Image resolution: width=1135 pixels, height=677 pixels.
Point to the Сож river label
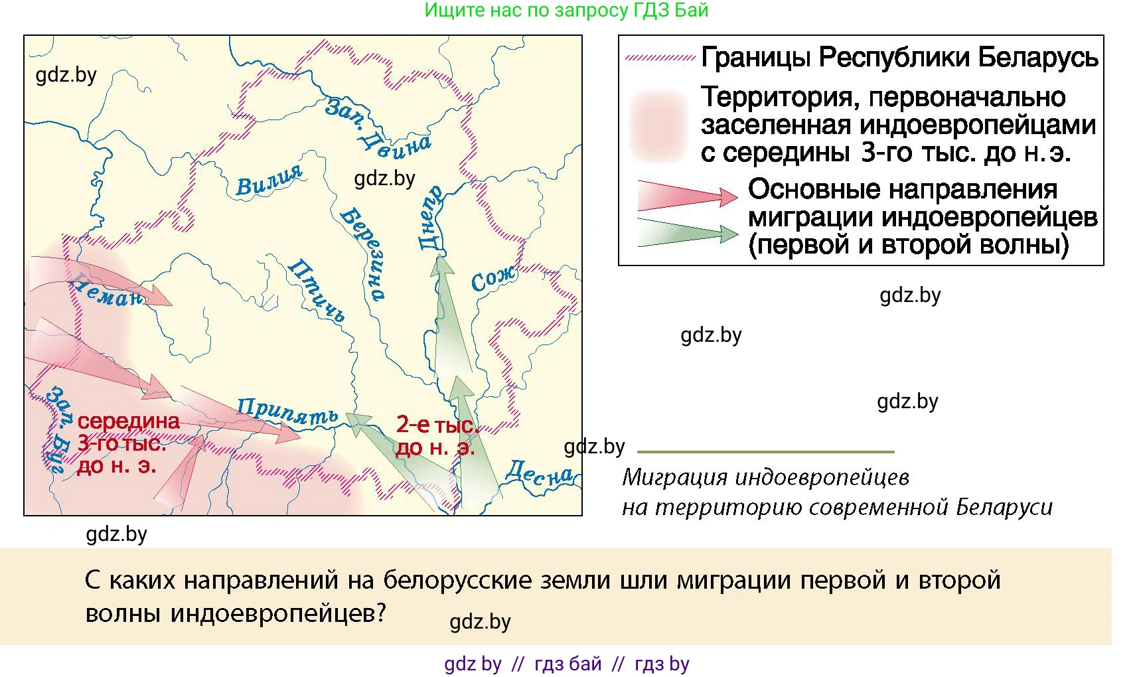pyautogui.click(x=492, y=279)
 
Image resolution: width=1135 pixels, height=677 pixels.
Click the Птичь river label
pyautogui.click(x=317, y=291)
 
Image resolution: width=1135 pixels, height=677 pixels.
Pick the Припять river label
pyautogui.click(x=287, y=412)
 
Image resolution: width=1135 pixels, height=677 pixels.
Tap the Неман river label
pyautogui.click(x=106, y=291)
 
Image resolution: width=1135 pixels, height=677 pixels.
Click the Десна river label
pyautogui.click(x=538, y=473)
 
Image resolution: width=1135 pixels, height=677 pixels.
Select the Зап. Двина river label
pyautogui.click(x=377, y=127)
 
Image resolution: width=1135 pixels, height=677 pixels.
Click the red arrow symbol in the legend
pyautogui.click(x=687, y=194)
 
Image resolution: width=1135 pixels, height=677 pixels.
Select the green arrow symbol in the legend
pyautogui.click(x=687, y=233)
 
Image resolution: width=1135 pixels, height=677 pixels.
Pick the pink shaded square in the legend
pyautogui.click(x=658, y=125)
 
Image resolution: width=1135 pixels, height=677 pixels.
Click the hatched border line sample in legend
pyautogui.click(x=659, y=58)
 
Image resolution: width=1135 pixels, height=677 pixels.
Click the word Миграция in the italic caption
pyautogui.click(x=676, y=477)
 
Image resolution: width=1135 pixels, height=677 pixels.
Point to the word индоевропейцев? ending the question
pyautogui.click(x=277, y=612)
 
